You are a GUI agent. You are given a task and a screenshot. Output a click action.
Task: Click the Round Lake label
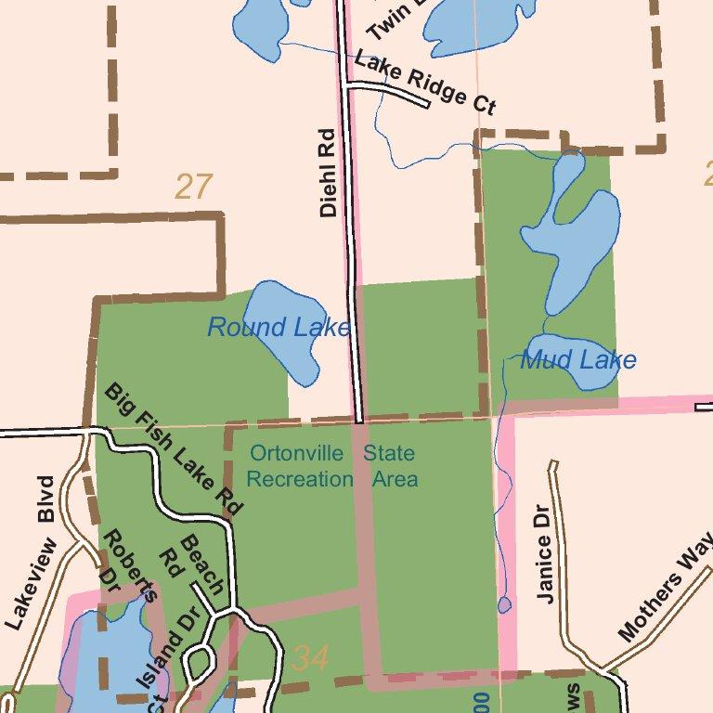click(x=279, y=327)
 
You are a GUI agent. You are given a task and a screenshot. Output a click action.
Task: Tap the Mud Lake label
click(x=577, y=359)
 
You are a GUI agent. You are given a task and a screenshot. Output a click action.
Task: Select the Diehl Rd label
click(x=327, y=173)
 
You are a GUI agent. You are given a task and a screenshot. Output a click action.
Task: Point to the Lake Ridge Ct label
click(x=424, y=83)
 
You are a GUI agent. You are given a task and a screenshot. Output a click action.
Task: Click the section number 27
click(x=194, y=188)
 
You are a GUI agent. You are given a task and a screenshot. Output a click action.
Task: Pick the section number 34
click(x=310, y=658)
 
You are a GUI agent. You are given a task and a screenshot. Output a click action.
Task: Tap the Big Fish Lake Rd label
click(x=174, y=448)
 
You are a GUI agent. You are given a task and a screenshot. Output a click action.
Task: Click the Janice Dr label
click(x=545, y=553)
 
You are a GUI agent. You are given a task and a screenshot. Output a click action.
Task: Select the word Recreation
click(x=300, y=479)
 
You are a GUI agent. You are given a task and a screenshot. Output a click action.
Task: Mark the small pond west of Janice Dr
click(x=504, y=605)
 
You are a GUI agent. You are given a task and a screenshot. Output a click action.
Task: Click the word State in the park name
click(x=389, y=454)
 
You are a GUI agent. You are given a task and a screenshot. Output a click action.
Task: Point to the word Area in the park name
click(x=395, y=479)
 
